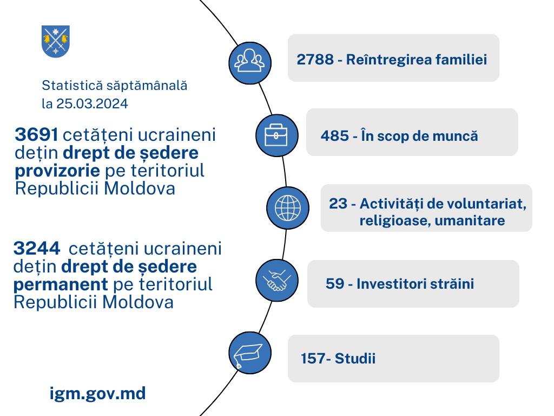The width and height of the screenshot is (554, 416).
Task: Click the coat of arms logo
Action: click(x=56, y=41)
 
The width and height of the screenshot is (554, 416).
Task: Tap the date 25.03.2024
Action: click(x=92, y=103)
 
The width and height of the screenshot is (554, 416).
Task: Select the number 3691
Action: click(x=36, y=135)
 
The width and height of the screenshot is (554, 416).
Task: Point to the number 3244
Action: click(x=37, y=248)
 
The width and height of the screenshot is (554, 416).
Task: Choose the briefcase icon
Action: click(x=276, y=135)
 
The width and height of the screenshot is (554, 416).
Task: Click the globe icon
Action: click(x=288, y=208)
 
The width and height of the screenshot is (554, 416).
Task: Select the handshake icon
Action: click(x=276, y=280)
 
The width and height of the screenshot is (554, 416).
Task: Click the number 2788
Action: click(x=315, y=60)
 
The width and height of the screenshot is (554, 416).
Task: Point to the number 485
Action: click(x=334, y=136)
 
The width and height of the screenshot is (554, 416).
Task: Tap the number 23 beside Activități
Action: click(x=338, y=204)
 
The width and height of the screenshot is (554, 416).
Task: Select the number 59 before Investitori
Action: click(x=334, y=283)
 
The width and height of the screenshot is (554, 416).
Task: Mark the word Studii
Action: click(x=355, y=359)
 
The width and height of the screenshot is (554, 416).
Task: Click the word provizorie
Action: click(x=57, y=171)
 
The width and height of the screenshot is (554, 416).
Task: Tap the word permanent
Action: click(x=61, y=284)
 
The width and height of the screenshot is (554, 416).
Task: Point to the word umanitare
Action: click(x=470, y=220)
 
